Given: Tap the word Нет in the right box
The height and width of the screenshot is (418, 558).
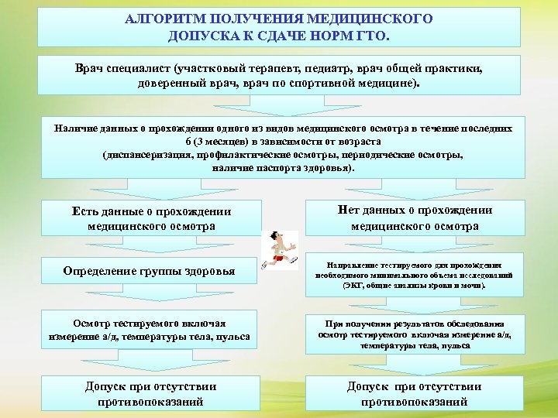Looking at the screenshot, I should point(352,210).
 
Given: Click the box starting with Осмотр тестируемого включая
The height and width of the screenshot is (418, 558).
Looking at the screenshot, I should point(150,327).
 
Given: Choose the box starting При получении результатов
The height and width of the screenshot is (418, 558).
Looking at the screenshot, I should point(415,334).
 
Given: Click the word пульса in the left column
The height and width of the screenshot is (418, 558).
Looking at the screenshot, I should point(233,337).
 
